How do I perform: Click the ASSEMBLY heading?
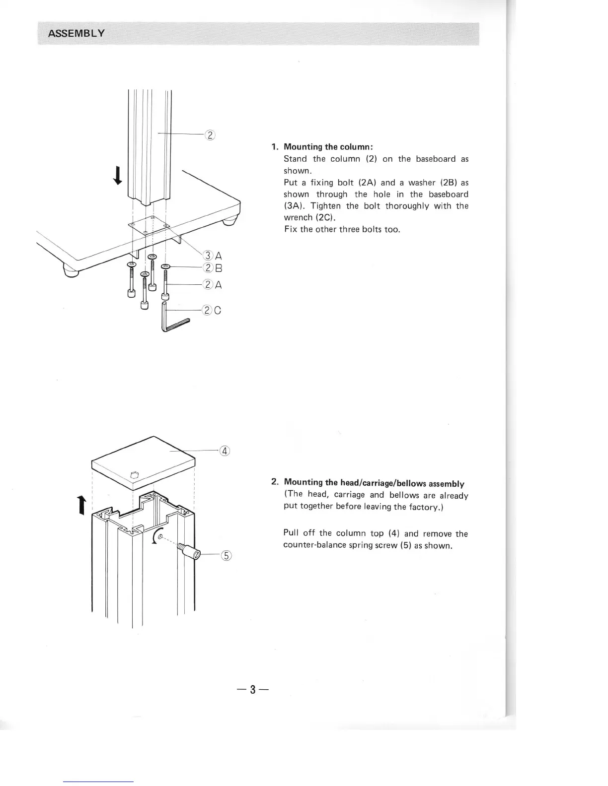click(76, 34)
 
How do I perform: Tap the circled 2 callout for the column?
click(210, 134)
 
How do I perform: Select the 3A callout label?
click(213, 256)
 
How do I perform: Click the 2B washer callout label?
click(213, 268)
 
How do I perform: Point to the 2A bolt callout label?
click(213, 285)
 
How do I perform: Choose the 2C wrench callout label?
click(213, 311)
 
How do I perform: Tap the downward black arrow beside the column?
click(118, 175)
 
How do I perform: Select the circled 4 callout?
click(225, 451)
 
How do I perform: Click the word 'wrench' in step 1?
click(298, 218)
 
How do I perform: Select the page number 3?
click(252, 689)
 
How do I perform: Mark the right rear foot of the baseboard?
click(228, 221)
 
